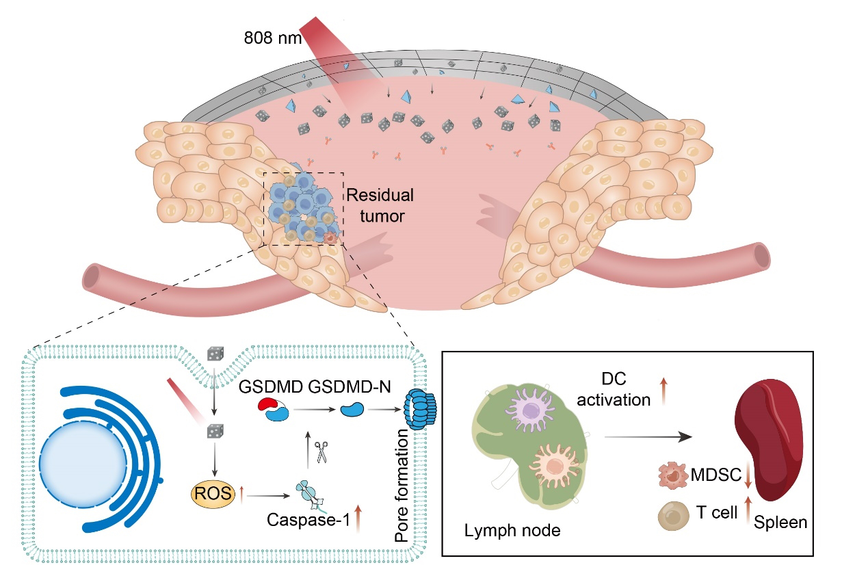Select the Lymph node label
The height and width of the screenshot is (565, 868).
[x=503, y=530]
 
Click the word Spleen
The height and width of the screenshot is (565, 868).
[x=781, y=523]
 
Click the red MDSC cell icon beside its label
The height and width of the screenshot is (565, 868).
[x=672, y=475]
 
